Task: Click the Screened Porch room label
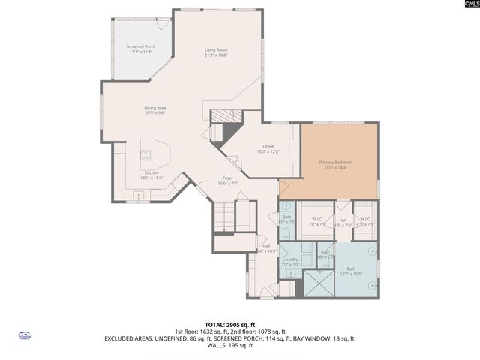(140, 50)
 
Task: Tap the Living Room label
(216, 53)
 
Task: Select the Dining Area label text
(155, 110)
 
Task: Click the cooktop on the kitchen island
(146, 156)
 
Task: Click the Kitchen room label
(152, 175)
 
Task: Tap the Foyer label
(227, 181)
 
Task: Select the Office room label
(268, 148)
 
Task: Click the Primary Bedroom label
(335, 165)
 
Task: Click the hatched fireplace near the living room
(222, 115)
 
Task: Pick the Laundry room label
(290, 262)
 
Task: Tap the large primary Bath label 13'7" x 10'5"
(352, 271)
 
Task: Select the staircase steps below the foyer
(244, 217)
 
